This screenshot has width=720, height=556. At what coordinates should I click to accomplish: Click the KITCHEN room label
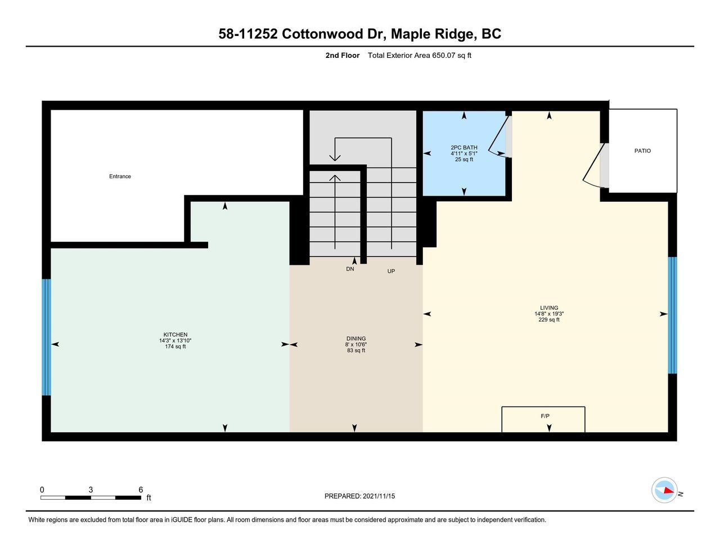[x=175, y=334]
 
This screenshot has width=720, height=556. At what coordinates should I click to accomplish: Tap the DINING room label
[x=356, y=338]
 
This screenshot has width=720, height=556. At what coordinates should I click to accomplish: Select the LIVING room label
[x=549, y=308]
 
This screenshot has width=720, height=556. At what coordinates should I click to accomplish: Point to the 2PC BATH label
[x=464, y=147]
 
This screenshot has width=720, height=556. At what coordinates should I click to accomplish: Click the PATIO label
[x=642, y=151]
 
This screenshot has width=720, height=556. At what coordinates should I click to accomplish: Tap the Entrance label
[x=120, y=176]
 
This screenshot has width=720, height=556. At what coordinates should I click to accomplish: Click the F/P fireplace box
[x=543, y=419]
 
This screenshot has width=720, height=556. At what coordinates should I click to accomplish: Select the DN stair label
[x=350, y=269]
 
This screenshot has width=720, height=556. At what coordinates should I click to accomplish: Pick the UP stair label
[x=391, y=271]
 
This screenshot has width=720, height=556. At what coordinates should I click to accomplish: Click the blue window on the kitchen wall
[x=46, y=337]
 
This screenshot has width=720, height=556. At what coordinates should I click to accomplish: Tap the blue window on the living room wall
[x=672, y=315]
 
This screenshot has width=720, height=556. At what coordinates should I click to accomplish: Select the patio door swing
[x=593, y=166]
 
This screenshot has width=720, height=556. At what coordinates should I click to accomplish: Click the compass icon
[x=664, y=490]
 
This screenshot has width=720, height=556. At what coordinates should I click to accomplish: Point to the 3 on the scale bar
[x=91, y=490]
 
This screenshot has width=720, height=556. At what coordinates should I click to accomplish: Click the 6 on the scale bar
[x=141, y=490]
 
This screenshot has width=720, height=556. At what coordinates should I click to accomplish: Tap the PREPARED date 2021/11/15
[x=379, y=496]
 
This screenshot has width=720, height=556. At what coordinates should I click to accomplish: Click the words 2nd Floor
[x=342, y=55]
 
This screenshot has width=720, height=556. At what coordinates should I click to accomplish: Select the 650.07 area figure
[x=444, y=55]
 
